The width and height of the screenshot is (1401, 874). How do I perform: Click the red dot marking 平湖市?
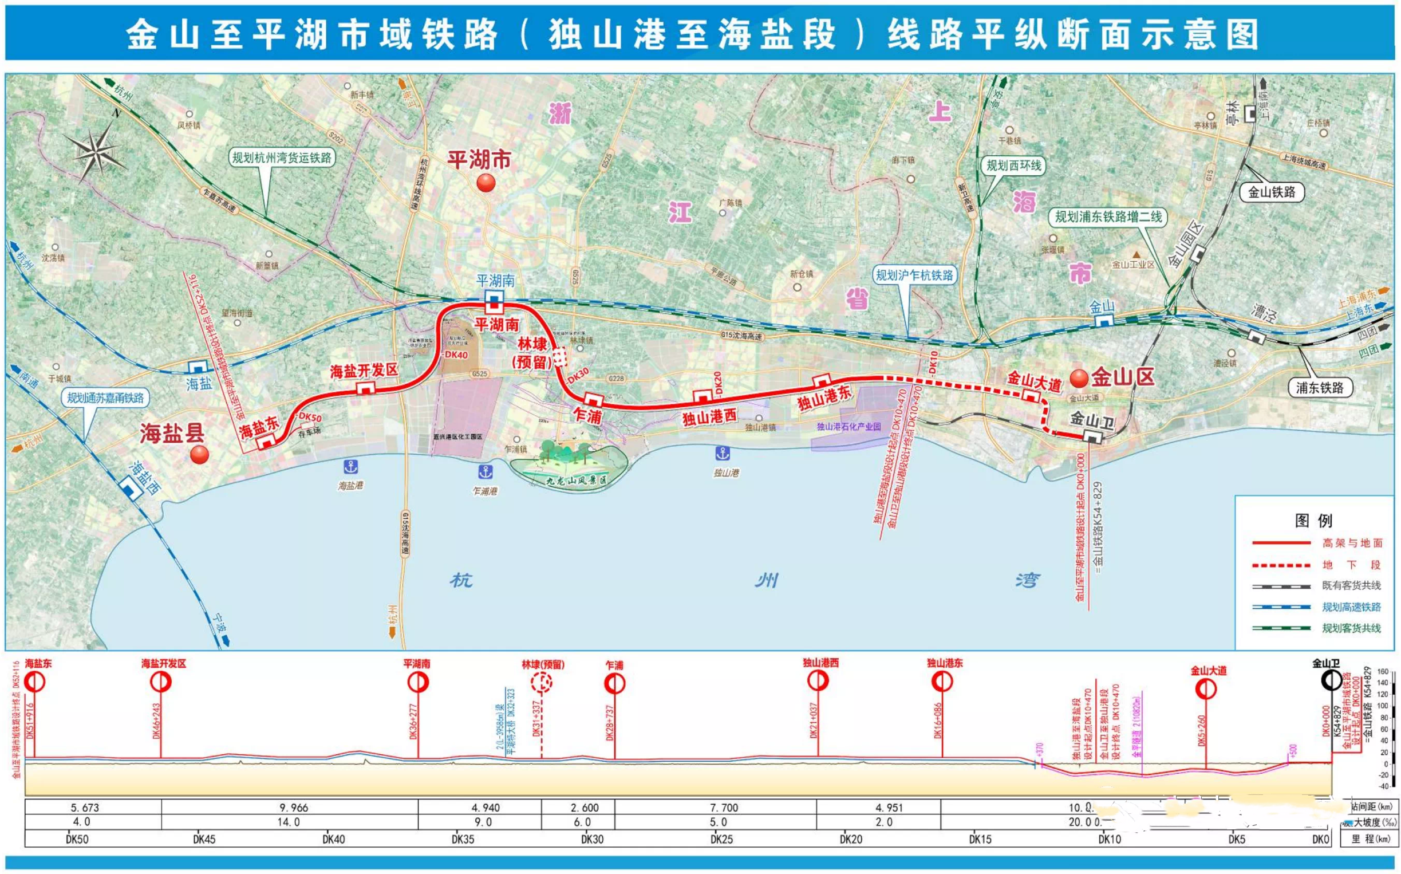pos(486,183)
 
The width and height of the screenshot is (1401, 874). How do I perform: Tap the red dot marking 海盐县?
pos(199,454)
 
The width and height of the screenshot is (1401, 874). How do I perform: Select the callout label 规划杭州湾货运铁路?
pos(282,158)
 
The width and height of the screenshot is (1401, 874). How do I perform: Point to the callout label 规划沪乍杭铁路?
pos(914,275)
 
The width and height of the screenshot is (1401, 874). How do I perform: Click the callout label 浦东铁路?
pos(1320,387)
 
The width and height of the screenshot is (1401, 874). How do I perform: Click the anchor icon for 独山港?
pos(723,453)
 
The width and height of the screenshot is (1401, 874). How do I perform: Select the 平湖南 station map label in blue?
pos(495,281)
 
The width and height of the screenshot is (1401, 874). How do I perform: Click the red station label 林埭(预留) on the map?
pos(532,353)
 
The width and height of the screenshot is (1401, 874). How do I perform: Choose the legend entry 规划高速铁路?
pos(1351,607)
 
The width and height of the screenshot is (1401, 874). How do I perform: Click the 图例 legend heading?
pos(1313,520)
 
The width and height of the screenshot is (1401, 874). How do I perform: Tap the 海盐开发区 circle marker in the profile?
pos(161,683)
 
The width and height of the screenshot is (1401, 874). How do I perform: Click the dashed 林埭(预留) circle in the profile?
pos(542,683)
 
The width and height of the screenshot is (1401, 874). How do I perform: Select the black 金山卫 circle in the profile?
pos(1332,680)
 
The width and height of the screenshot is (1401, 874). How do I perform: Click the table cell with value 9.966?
pos(294,808)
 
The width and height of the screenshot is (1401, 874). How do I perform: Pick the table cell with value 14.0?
pos(289,821)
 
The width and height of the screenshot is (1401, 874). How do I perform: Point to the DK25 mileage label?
pos(721,838)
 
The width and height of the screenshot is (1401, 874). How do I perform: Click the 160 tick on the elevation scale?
pos(1383,672)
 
